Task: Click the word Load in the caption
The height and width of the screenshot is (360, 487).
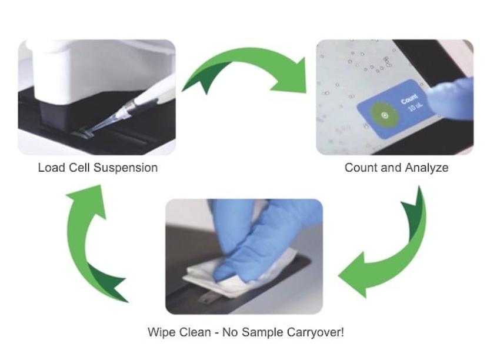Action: (51, 168)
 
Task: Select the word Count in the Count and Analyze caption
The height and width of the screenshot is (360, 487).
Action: (359, 168)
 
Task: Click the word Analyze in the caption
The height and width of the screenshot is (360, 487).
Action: (427, 168)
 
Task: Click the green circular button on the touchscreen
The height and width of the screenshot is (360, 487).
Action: (385, 115)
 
